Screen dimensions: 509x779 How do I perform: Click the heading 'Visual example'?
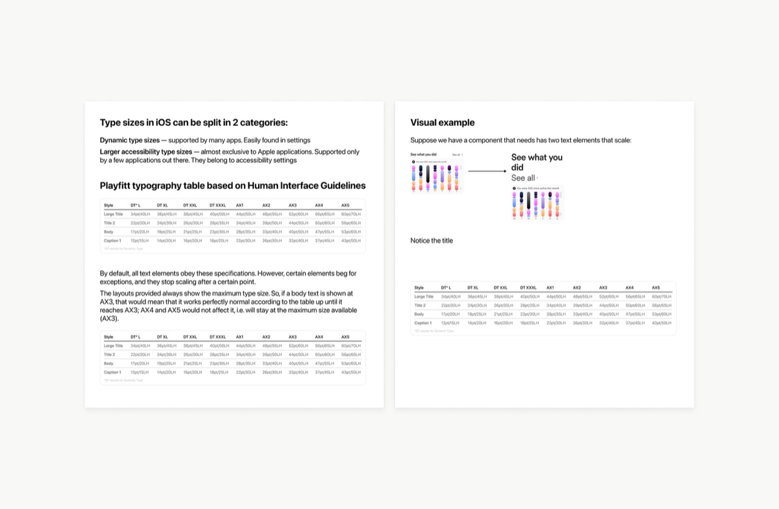pos(442,122)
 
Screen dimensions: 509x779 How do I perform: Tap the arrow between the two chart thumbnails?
pos(487,171)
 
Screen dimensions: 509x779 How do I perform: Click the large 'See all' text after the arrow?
pos(523,178)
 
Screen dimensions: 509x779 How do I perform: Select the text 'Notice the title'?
pos(431,241)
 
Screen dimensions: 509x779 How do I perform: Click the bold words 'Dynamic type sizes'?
pos(130,140)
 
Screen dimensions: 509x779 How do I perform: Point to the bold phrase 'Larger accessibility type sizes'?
pos(146,151)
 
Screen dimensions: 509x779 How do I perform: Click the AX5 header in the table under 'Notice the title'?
pos(655,288)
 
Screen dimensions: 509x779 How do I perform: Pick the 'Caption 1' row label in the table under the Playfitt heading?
pos(112,241)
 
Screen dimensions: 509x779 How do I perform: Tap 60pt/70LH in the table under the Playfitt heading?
pos(351,214)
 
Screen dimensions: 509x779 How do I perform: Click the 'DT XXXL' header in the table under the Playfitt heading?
pos(217,206)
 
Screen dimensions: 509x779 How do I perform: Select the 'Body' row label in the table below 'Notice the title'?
pos(419,314)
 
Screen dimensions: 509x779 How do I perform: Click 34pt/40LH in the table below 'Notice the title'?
pos(450,297)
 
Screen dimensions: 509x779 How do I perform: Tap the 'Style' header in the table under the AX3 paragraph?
pos(108,337)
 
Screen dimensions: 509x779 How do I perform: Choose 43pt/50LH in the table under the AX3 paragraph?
pos(351,372)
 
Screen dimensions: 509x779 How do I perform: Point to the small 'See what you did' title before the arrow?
pos(423,154)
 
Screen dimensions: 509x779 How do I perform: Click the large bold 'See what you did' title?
pos(537,162)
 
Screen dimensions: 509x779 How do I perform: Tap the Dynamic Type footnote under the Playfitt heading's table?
pos(124,249)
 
